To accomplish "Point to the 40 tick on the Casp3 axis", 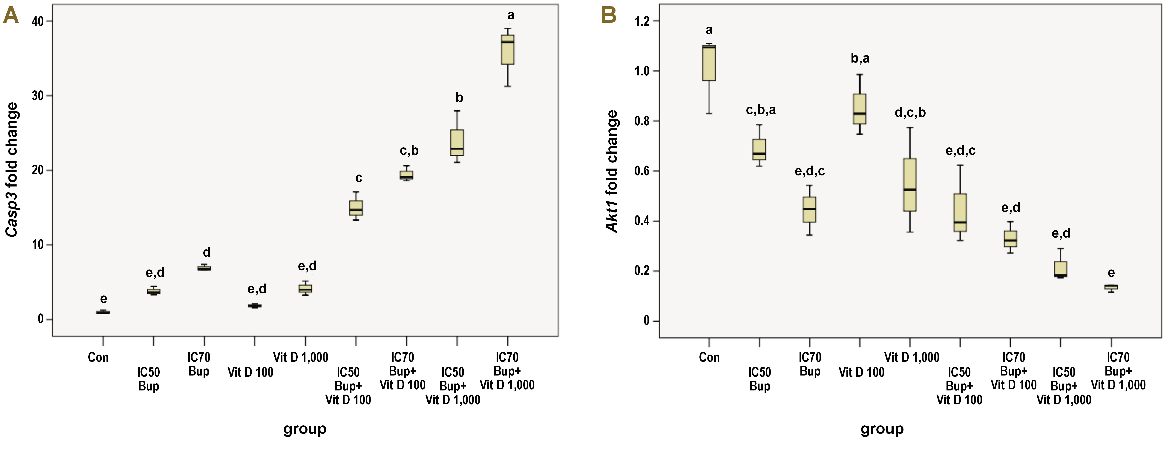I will [x=39, y=21].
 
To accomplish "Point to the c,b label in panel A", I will [x=409, y=151].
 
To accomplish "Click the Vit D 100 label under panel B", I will [x=861, y=372].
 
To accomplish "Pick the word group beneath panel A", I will [x=305, y=429].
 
